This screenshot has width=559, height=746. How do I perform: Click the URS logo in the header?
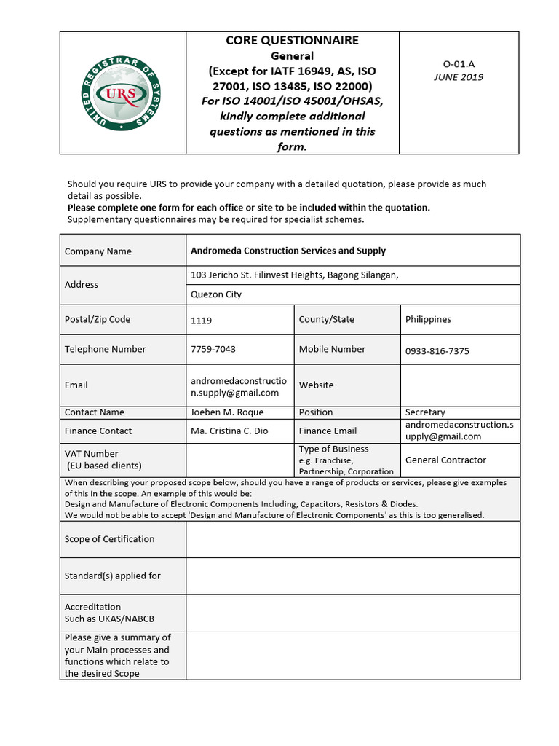click(122, 93)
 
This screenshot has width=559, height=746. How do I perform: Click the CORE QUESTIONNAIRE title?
click(292, 41)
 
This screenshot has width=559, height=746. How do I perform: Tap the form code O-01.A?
click(459, 64)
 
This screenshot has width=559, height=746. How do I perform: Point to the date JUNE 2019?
click(459, 77)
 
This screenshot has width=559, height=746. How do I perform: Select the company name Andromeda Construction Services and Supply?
click(288, 251)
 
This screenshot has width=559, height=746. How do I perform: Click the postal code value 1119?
click(202, 321)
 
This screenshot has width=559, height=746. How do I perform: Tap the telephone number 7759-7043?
click(213, 349)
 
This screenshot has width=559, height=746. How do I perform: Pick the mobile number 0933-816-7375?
click(437, 351)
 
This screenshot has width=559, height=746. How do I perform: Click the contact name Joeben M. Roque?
click(227, 412)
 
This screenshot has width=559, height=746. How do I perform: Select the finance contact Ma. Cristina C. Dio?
click(229, 431)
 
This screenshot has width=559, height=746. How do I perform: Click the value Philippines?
click(428, 319)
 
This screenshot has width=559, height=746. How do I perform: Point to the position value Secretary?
click(425, 412)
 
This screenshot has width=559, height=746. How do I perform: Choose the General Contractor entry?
click(445, 460)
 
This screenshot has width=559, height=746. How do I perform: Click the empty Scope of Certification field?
click(353, 539)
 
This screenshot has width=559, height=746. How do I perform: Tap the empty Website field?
click(460, 385)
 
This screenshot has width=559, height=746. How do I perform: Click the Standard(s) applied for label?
click(113, 576)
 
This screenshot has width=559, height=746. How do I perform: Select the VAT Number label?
click(92, 454)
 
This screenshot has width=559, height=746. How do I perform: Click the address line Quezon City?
click(216, 294)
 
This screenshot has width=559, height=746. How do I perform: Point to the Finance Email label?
click(328, 431)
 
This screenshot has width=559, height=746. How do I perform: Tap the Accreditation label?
click(93, 607)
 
